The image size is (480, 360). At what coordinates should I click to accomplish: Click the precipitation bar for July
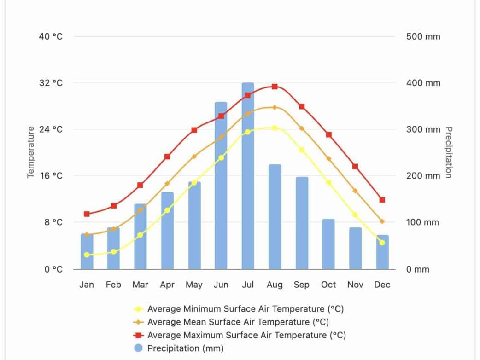click(x=248, y=184)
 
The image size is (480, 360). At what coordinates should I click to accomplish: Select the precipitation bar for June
click(x=221, y=193)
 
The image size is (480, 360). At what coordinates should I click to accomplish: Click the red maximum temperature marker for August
click(x=275, y=87)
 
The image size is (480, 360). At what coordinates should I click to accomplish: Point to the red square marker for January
click(x=87, y=214)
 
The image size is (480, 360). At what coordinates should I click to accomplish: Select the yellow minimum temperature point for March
click(x=140, y=235)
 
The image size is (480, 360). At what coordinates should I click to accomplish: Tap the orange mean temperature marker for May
click(x=194, y=157)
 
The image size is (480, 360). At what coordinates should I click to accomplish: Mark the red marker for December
click(x=382, y=200)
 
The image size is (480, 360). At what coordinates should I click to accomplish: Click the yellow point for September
click(x=302, y=150)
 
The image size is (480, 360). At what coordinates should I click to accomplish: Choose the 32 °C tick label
click(x=51, y=83)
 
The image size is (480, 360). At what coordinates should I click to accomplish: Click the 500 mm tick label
click(x=423, y=36)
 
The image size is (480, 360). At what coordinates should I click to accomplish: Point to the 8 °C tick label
click(x=53, y=222)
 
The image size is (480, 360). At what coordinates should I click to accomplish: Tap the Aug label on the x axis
click(x=275, y=285)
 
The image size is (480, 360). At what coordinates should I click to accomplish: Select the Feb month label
click(x=113, y=285)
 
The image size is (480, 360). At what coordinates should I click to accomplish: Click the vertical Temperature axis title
click(x=31, y=152)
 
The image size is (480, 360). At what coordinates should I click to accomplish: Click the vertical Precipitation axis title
click(x=448, y=152)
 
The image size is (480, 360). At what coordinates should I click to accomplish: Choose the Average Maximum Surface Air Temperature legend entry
click(x=246, y=335)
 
